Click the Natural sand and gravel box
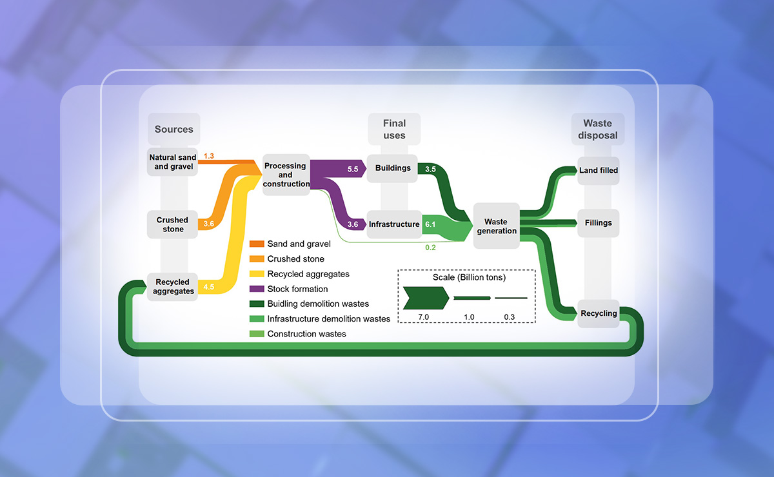click(173, 162)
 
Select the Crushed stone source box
click(173, 224)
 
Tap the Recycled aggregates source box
click(173, 286)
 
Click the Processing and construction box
click(286, 175)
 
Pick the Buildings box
click(393, 168)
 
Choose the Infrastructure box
click(394, 224)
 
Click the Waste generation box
click(496, 226)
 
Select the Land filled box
click(598, 171)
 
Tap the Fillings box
click(598, 223)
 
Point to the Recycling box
click(598, 313)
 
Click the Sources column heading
click(174, 129)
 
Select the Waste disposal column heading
click(597, 129)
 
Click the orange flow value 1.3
click(209, 156)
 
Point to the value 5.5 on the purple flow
click(353, 169)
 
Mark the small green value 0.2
click(430, 246)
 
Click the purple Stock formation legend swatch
click(257, 289)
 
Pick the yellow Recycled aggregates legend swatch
click(257, 274)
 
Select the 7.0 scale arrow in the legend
click(426, 298)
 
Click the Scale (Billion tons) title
click(468, 278)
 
